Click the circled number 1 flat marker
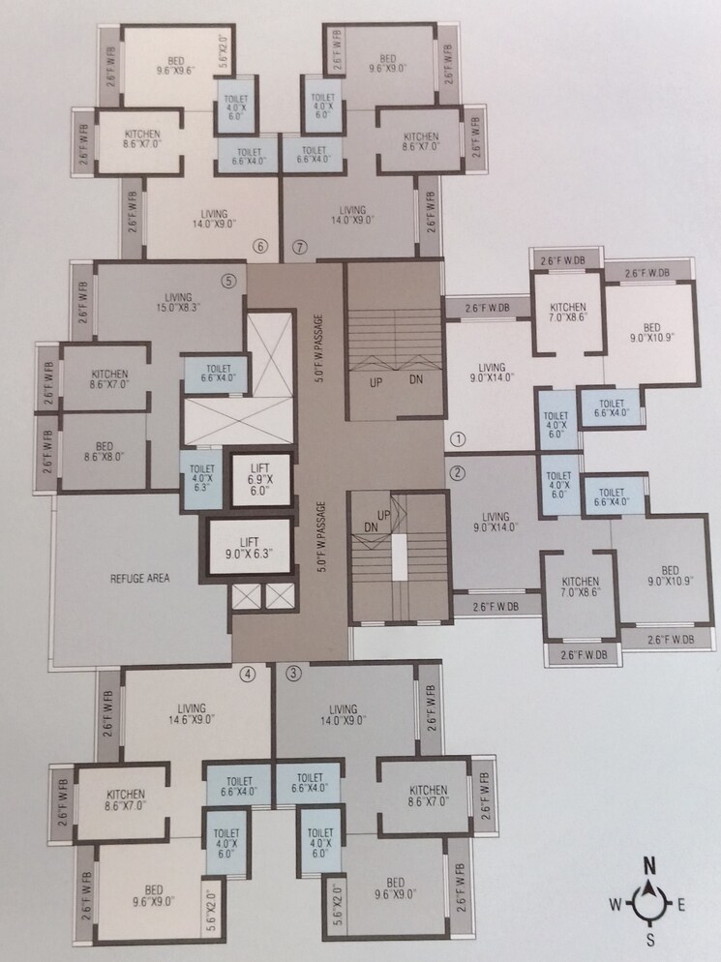click(459, 438)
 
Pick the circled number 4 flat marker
click(250, 674)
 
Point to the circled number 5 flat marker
click(228, 282)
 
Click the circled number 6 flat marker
click(259, 246)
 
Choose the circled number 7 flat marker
click(300, 246)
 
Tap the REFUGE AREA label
click(141, 579)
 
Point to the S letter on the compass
click(651, 940)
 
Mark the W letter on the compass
click(615, 905)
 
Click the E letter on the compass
click(681, 905)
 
